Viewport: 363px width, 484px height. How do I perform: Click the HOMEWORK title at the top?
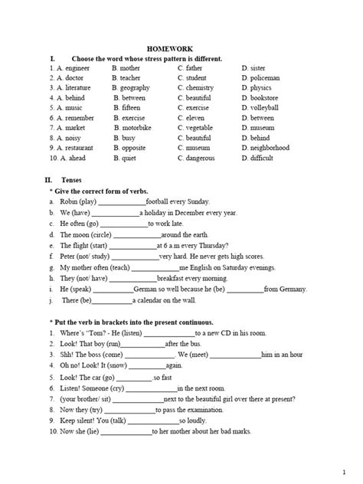coord(182,47)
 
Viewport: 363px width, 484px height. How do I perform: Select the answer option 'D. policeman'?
coord(260,78)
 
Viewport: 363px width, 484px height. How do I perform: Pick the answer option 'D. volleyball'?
coord(260,108)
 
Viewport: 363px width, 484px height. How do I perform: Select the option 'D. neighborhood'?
coord(265,148)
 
